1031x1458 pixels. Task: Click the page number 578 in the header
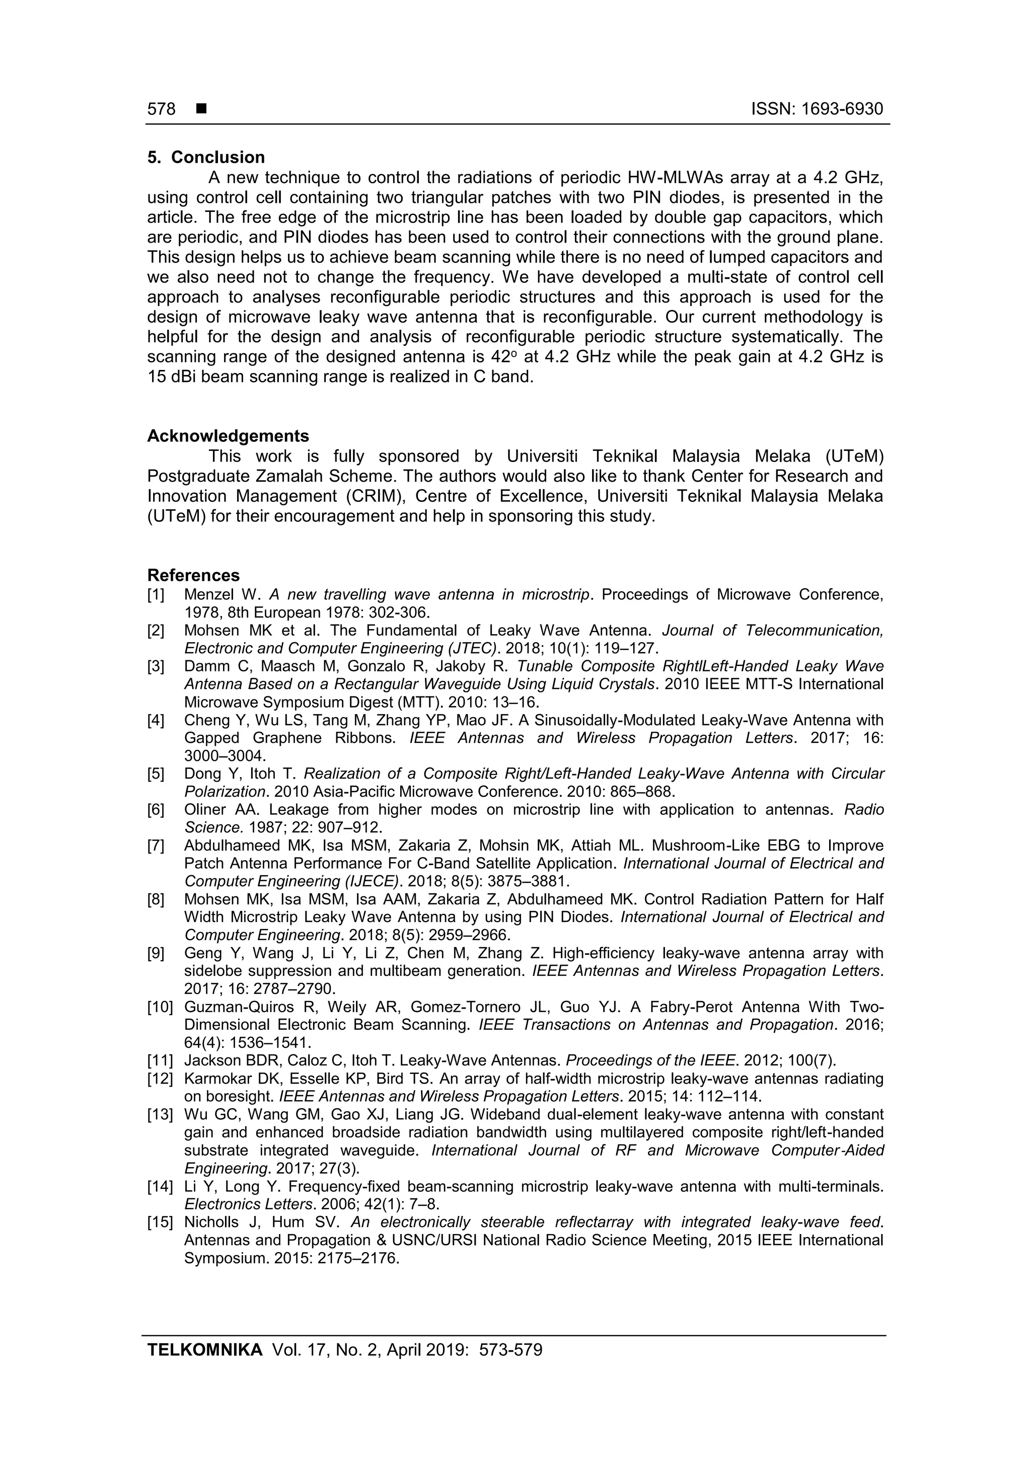coord(162,109)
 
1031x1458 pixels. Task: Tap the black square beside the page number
coord(201,109)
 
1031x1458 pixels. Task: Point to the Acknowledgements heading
coord(228,436)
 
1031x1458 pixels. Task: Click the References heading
coord(193,575)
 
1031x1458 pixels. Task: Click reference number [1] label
coord(156,595)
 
